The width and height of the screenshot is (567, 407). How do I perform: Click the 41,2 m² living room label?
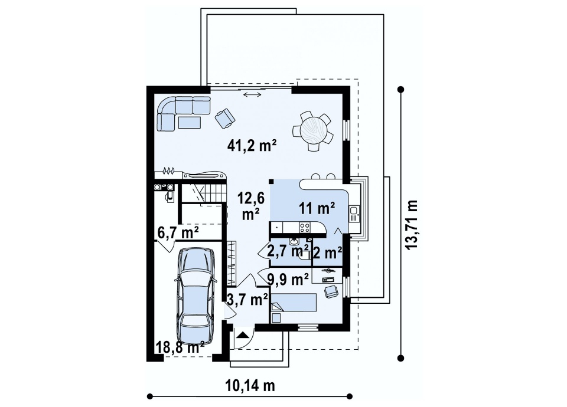[252, 145]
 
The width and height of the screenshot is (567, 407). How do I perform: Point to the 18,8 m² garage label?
[180, 348]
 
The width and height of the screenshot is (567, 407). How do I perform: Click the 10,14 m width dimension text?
[250, 385]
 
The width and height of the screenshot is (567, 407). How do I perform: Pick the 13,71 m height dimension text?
[411, 224]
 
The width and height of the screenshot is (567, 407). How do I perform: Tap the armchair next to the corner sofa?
[224, 118]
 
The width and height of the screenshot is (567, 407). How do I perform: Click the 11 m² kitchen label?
[317, 208]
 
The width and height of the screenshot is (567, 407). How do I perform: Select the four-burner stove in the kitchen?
[305, 228]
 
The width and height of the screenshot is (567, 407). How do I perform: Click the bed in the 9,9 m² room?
[294, 302]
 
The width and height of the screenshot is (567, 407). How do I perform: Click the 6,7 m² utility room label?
[178, 232]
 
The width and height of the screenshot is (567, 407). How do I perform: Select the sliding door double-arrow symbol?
[252, 94]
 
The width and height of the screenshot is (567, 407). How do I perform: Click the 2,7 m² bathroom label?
[288, 250]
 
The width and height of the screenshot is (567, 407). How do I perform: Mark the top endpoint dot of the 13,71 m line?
[400, 89]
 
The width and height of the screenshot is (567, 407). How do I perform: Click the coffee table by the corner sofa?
[190, 123]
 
